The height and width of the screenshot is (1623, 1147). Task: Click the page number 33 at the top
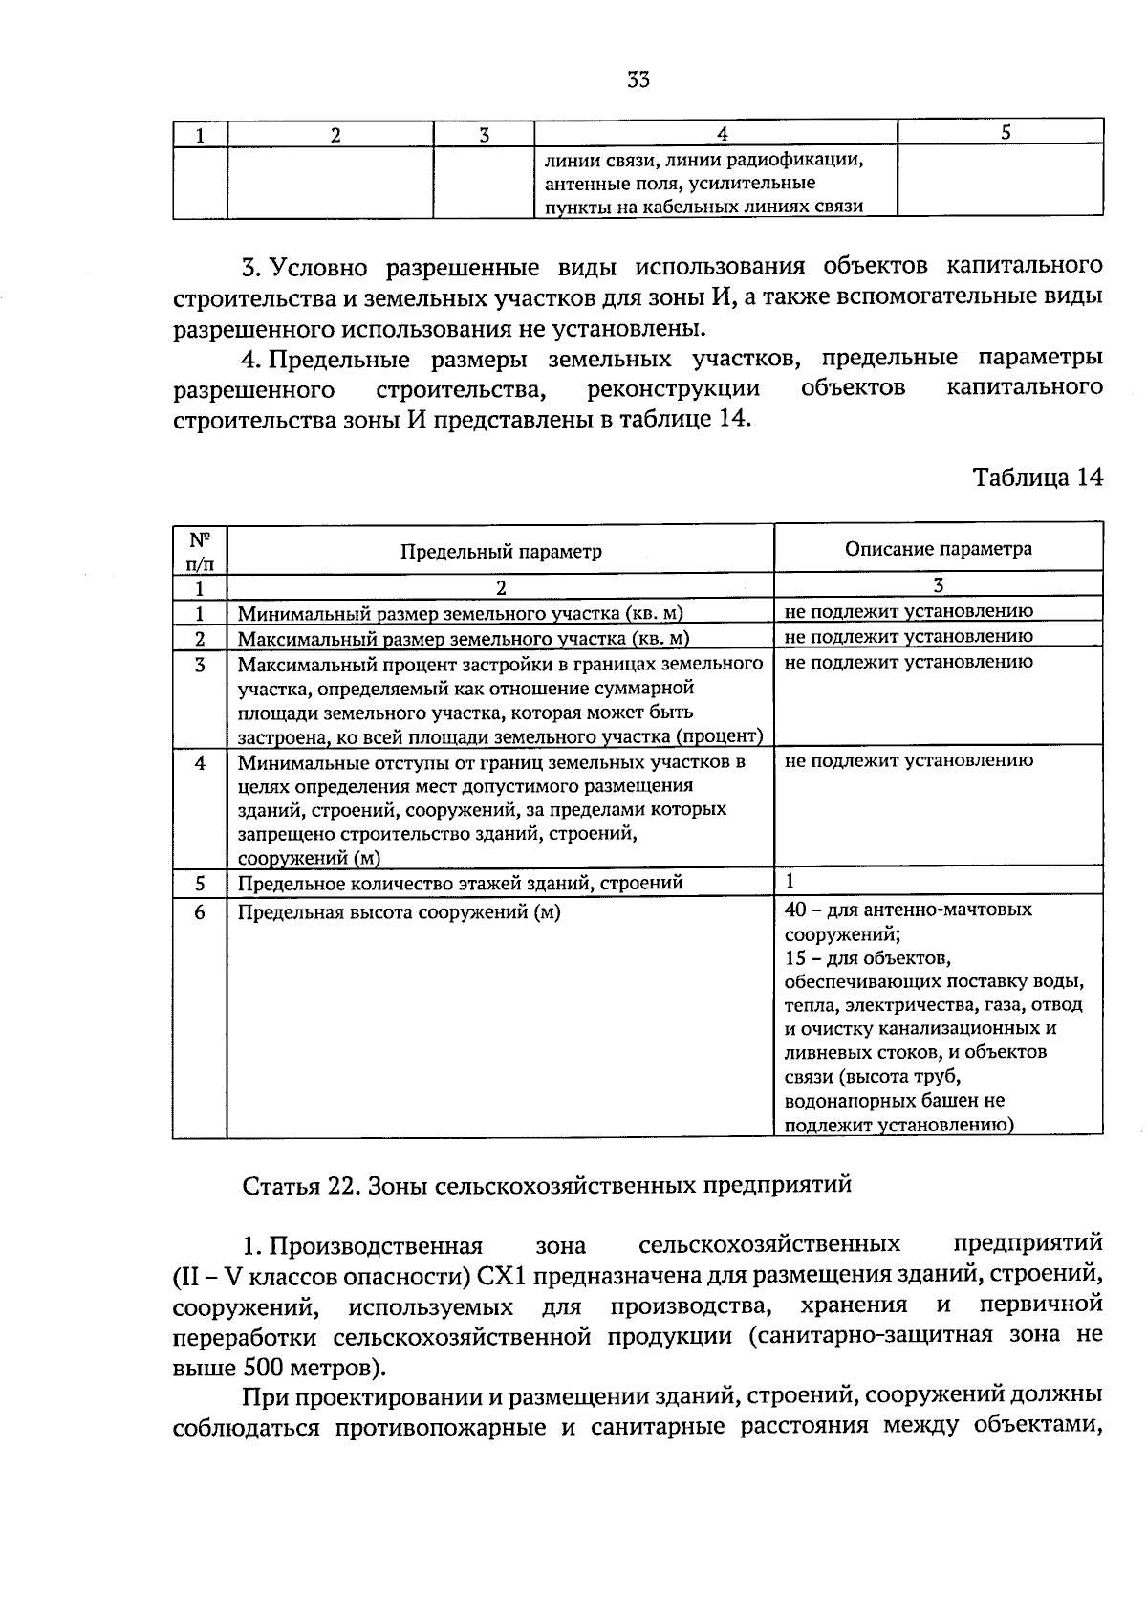point(638,80)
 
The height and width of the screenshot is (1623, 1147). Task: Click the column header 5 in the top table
point(1006,133)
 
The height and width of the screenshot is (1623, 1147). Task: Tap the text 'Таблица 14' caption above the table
point(1037,477)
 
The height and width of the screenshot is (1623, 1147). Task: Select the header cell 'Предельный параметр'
point(501,551)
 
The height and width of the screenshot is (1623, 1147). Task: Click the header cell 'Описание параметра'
point(938,548)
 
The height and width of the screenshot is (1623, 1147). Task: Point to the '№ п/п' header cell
point(200,550)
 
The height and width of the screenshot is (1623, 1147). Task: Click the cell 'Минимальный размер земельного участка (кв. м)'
point(460,613)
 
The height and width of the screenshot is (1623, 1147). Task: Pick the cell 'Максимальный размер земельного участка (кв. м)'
point(464,638)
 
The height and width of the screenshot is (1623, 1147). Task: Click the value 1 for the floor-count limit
point(790,881)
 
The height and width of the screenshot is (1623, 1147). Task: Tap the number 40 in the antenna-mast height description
point(795,909)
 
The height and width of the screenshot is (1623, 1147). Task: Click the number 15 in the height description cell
point(794,957)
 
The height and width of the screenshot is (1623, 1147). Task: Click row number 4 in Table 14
point(200,762)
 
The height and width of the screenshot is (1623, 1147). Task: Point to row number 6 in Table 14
point(200,911)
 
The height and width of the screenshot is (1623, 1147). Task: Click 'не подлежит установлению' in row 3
point(907,661)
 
